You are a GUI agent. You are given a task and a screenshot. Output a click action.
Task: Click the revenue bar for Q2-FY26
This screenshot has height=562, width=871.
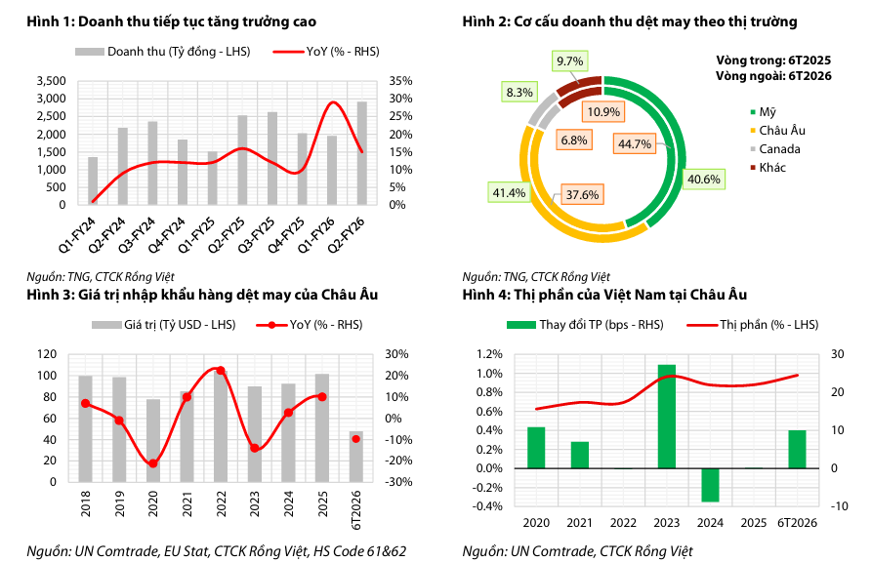(361, 153)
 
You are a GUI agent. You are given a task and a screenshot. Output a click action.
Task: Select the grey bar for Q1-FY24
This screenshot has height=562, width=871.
(93, 181)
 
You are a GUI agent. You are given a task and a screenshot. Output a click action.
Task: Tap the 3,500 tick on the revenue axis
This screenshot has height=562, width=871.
(51, 81)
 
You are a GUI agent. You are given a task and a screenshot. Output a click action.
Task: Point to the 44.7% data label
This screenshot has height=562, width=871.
(635, 144)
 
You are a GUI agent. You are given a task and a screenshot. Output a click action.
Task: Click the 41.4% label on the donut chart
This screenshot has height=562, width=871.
(509, 192)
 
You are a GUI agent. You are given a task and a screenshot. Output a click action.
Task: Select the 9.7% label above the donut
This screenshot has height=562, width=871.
(570, 61)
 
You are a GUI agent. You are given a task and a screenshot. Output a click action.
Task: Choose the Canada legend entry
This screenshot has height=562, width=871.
(775, 149)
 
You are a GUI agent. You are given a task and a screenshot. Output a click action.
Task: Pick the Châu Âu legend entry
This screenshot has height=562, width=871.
(777, 131)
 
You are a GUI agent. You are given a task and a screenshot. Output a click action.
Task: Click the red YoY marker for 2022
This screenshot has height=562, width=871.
(221, 370)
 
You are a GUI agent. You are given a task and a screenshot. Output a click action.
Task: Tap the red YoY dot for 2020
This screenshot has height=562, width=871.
(152, 463)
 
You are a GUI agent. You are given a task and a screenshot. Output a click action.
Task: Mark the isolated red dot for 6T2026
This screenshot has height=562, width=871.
(356, 439)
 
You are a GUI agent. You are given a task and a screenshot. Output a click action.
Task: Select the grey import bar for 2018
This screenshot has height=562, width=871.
(85, 429)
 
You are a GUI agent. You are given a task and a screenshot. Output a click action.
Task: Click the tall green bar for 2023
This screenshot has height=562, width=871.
(667, 417)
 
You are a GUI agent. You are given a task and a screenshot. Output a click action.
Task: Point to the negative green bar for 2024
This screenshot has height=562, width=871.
(710, 486)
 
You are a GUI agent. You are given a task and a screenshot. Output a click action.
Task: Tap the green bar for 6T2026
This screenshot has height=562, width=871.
(797, 450)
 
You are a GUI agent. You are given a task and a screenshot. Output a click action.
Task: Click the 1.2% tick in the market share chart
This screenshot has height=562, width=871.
(489, 354)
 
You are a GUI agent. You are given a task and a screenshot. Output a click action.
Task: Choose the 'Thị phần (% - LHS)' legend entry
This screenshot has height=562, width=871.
(753, 325)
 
